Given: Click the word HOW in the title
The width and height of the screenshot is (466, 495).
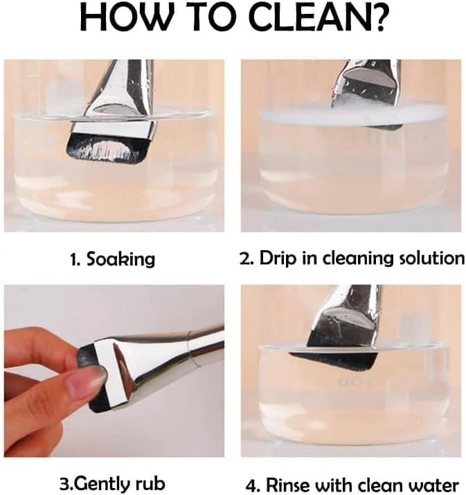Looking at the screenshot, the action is pyautogui.click(x=124, y=17).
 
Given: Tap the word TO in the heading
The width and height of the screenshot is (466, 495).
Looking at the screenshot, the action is pyautogui.click(x=210, y=17).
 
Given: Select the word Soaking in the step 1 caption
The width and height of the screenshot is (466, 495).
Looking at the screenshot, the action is pyautogui.click(x=121, y=259).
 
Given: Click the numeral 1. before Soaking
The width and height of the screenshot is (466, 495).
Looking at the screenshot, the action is pyautogui.click(x=75, y=259).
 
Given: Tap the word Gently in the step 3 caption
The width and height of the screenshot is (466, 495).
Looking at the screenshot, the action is pyautogui.click(x=103, y=483).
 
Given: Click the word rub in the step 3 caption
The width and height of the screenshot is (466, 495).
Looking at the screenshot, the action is pyautogui.click(x=150, y=483).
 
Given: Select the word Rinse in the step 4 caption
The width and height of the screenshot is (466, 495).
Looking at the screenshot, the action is pyautogui.click(x=288, y=485).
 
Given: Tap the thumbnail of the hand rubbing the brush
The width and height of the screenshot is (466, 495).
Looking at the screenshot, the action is pyautogui.click(x=114, y=371).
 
